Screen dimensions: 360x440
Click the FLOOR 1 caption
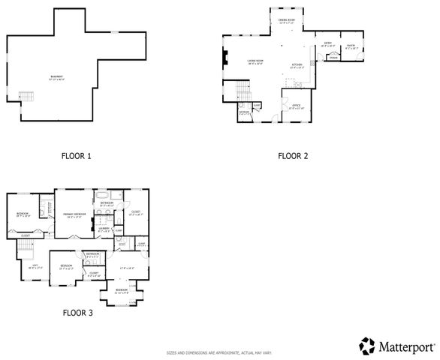75,157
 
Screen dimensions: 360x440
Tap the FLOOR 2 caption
293,157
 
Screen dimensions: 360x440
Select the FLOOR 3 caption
77,312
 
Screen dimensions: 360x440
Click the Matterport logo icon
367,346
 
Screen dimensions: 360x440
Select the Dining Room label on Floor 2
287,21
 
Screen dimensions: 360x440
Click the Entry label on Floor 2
328,44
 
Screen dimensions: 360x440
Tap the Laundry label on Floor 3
105,229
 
